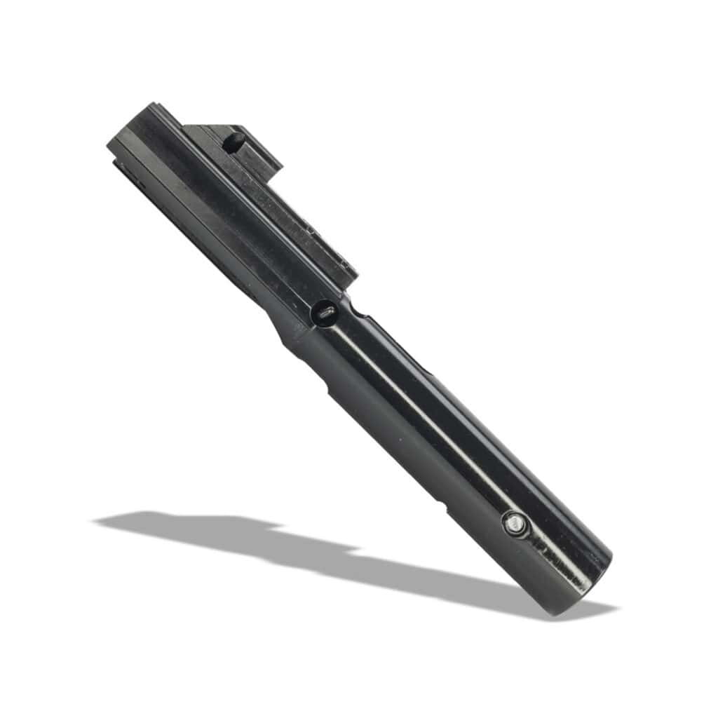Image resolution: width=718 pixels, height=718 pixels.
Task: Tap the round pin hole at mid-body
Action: (x=325, y=313)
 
